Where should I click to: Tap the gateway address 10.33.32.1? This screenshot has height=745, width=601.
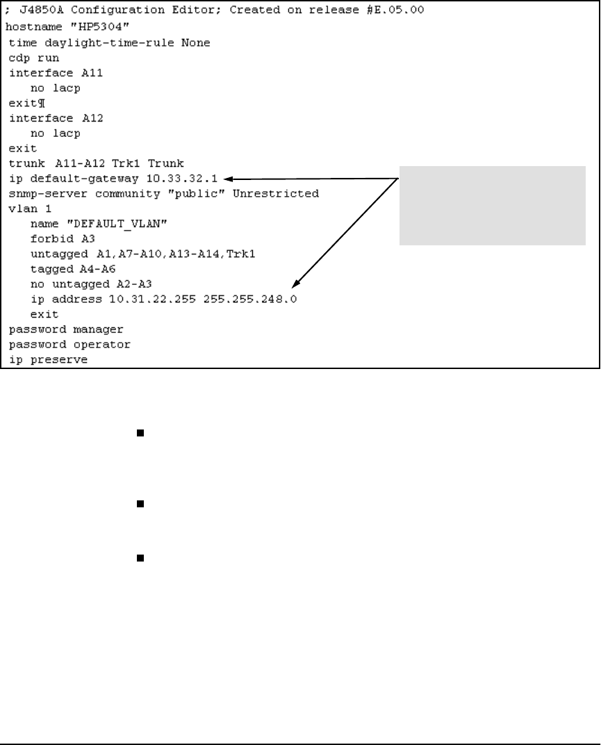coord(188,179)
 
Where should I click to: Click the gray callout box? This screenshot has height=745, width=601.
coord(492,205)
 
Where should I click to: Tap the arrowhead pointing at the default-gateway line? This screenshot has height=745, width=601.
coord(230,179)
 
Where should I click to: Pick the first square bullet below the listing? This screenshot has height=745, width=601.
coord(140,433)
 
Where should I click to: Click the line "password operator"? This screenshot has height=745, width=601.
coord(69,344)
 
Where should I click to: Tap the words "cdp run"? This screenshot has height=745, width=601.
coord(34,58)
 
